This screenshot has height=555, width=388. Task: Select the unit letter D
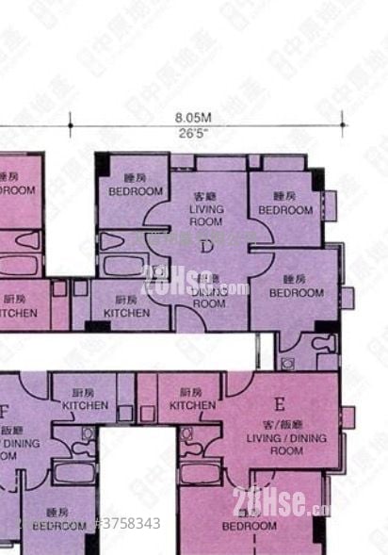tap(206, 247)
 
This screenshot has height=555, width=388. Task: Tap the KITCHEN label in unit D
tap(126, 306)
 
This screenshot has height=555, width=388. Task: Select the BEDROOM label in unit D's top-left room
tap(136, 185)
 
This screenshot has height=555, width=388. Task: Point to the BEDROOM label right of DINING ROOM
tap(297, 286)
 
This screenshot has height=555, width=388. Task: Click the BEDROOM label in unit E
tap(250, 524)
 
